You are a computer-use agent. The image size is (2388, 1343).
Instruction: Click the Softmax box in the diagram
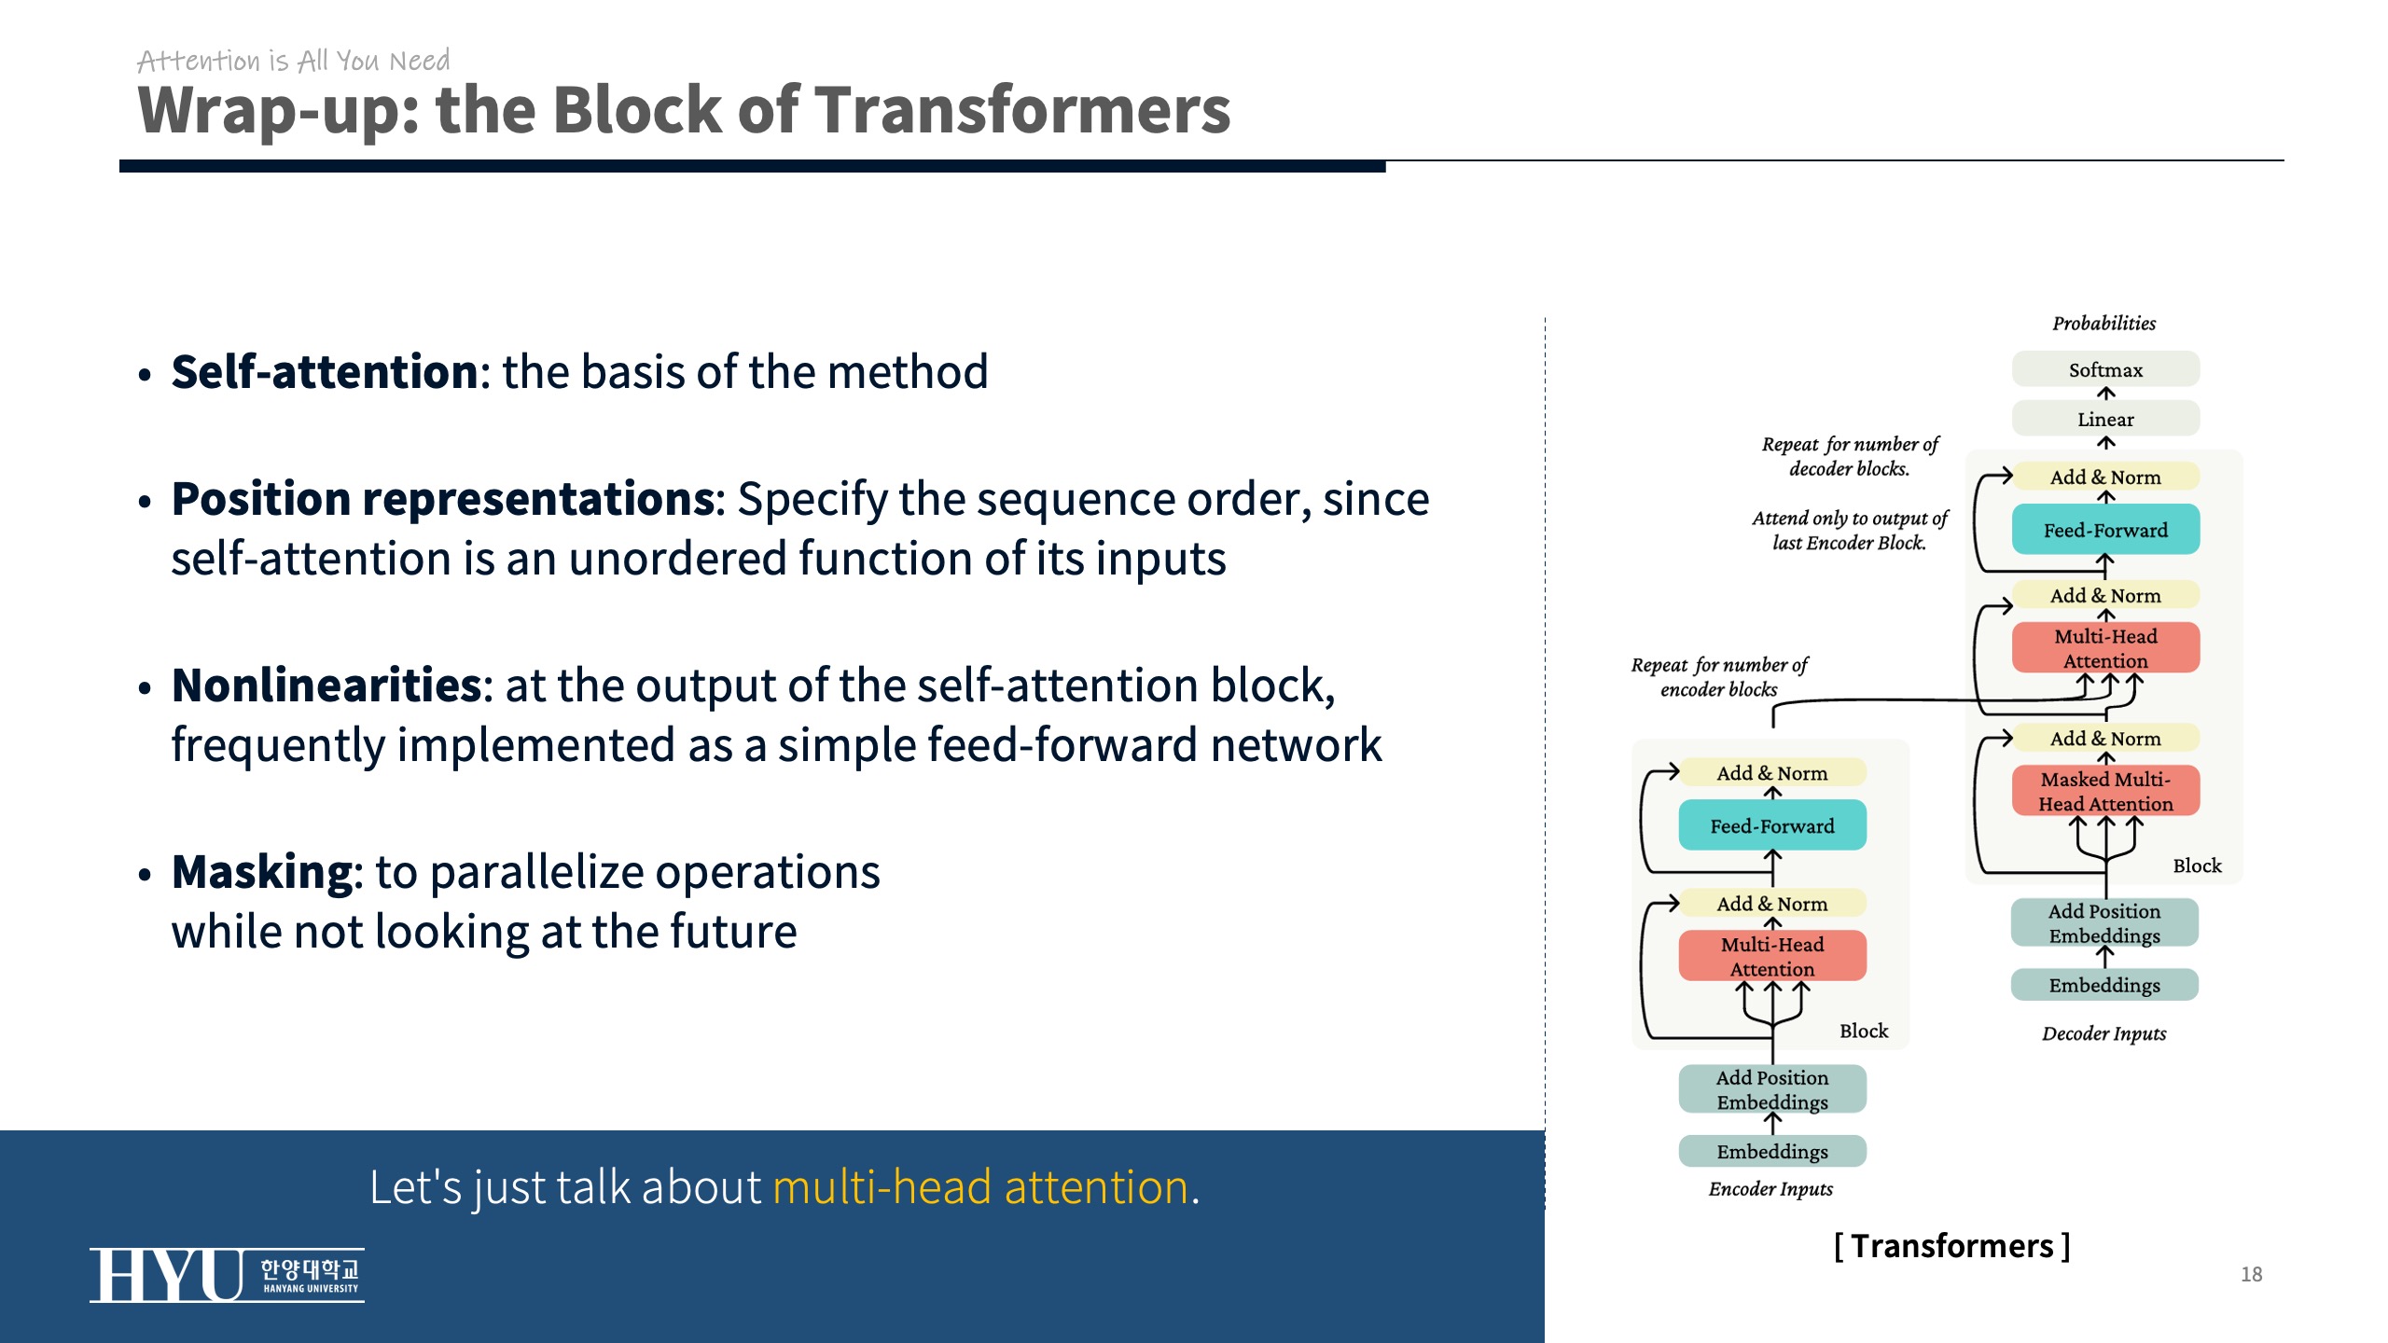(2105, 369)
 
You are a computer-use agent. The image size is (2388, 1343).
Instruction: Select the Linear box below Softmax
(2105, 419)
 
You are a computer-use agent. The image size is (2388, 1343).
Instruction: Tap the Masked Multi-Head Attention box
(2105, 791)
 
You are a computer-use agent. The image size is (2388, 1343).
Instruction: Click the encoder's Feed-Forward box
(1771, 825)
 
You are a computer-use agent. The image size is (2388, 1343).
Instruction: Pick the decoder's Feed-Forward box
(2105, 530)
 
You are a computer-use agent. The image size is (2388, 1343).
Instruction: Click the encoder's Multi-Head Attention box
(1771, 956)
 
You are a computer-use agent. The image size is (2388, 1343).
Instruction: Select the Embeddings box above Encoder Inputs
(1771, 1151)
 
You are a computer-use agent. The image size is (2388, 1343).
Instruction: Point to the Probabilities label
(2103, 324)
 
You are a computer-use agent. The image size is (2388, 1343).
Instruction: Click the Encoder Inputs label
(1770, 1189)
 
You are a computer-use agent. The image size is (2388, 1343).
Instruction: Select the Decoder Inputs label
(2103, 1033)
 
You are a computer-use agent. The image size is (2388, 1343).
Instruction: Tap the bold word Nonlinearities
(326, 685)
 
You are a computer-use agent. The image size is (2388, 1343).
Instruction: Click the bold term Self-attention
(325, 372)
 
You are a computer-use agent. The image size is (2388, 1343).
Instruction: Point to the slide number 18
(2251, 1274)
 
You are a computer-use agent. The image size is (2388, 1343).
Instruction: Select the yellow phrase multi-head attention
(980, 1187)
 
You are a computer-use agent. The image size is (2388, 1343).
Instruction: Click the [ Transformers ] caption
(1951, 1246)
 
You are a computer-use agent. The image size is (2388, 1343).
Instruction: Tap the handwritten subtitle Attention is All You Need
(293, 61)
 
